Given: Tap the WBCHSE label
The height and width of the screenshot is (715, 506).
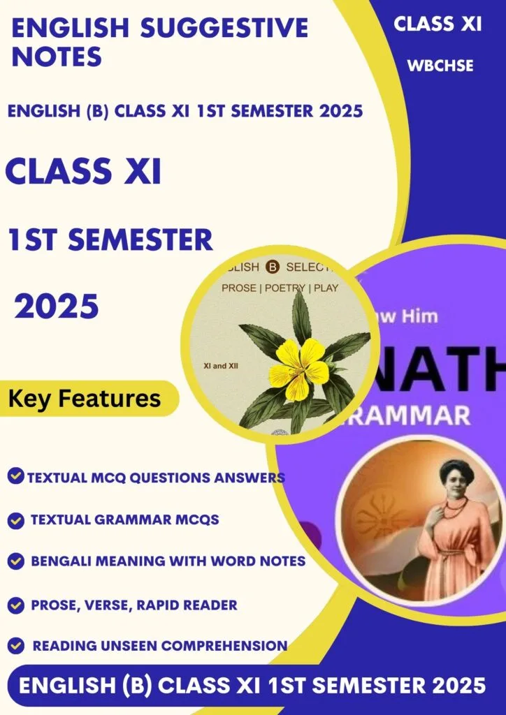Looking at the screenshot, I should [x=440, y=66].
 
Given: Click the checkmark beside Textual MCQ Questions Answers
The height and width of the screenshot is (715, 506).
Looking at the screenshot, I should [x=15, y=477].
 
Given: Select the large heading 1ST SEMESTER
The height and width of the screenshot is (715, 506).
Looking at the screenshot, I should [x=110, y=240].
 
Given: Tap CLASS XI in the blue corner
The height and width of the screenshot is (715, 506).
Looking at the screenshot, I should [x=438, y=24].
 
